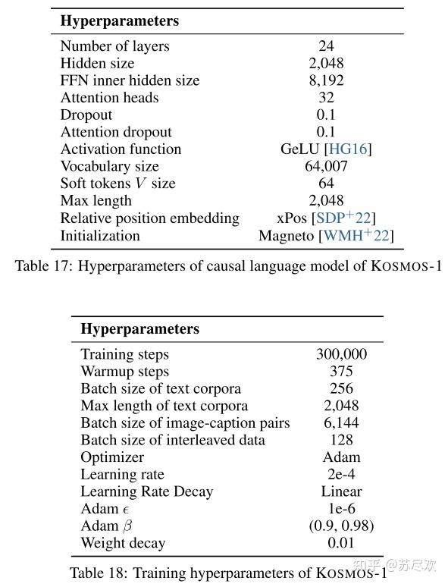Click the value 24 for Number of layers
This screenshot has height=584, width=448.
(x=326, y=46)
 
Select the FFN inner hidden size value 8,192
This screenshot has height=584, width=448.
(x=326, y=80)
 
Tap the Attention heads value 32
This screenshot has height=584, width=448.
(x=326, y=98)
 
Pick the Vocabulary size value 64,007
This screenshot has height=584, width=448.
(x=326, y=167)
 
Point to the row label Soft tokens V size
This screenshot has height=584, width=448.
(x=117, y=184)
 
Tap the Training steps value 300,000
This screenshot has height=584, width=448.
(x=341, y=354)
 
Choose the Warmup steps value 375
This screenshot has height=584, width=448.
(x=341, y=372)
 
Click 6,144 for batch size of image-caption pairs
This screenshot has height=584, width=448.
(x=341, y=423)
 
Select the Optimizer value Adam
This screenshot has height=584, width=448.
(x=341, y=457)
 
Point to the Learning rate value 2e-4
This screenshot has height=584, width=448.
(x=341, y=475)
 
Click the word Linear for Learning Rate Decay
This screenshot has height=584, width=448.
(x=341, y=491)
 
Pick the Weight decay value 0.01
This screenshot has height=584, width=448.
(x=341, y=543)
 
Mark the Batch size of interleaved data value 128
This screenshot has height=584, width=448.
(x=341, y=440)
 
